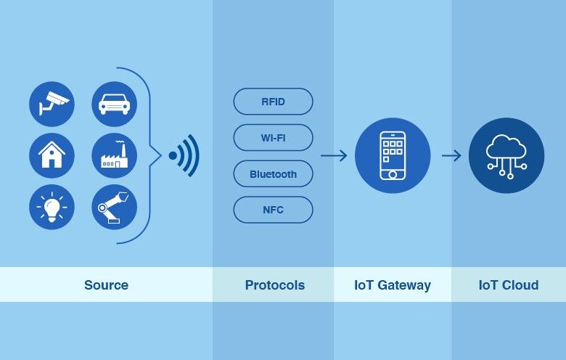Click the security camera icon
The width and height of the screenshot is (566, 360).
(x=52, y=103)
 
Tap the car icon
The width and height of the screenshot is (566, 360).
(x=114, y=103)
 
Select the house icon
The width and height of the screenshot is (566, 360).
(x=52, y=155)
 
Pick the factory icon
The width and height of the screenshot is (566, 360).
(x=114, y=155)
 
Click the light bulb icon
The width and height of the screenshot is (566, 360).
(x=52, y=207)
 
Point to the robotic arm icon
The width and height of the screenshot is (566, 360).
(x=114, y=207)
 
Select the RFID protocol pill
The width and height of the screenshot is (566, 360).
(x=273, y=102)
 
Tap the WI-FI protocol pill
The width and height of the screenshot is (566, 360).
(x=273, y=138)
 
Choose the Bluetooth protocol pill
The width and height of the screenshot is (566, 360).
(x=273, y=174)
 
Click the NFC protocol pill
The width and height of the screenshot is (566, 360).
(x=273, y=210)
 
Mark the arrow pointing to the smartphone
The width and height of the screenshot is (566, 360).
(x=334, y=155)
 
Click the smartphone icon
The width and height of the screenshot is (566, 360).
(x=393, y=155)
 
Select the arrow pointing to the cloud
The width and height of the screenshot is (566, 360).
(x=451, y=155)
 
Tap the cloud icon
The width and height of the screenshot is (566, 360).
(x=506, y=155)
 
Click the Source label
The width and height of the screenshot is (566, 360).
(x=106, y=285)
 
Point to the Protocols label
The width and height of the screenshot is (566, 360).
(x=274, y=285)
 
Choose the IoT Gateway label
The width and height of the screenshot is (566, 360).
(x=393, y=285)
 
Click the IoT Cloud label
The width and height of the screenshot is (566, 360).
(x=509, y=285)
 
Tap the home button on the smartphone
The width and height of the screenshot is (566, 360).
(x=393, y=174)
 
